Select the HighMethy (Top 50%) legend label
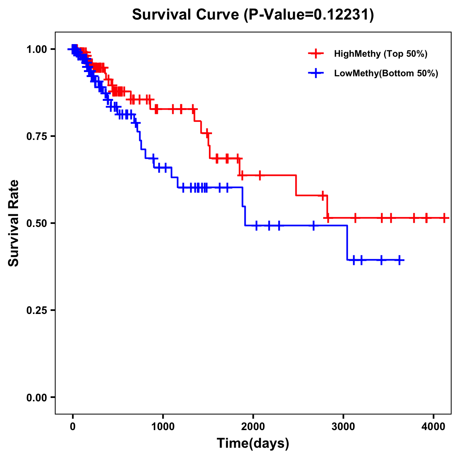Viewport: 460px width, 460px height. [380, 54]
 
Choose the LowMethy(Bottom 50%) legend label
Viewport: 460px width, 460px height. [386, 74]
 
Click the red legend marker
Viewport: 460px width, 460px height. [316, 54]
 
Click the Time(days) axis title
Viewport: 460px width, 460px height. [253, 444]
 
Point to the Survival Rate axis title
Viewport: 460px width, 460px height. [14, 223]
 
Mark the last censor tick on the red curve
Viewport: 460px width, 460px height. [444, 218]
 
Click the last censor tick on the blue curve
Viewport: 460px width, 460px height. [399, 260]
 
